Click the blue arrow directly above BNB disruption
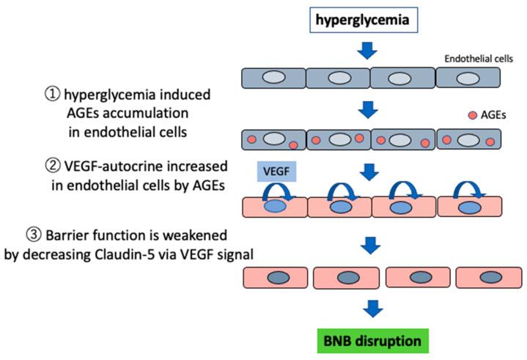click(373, 309)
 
